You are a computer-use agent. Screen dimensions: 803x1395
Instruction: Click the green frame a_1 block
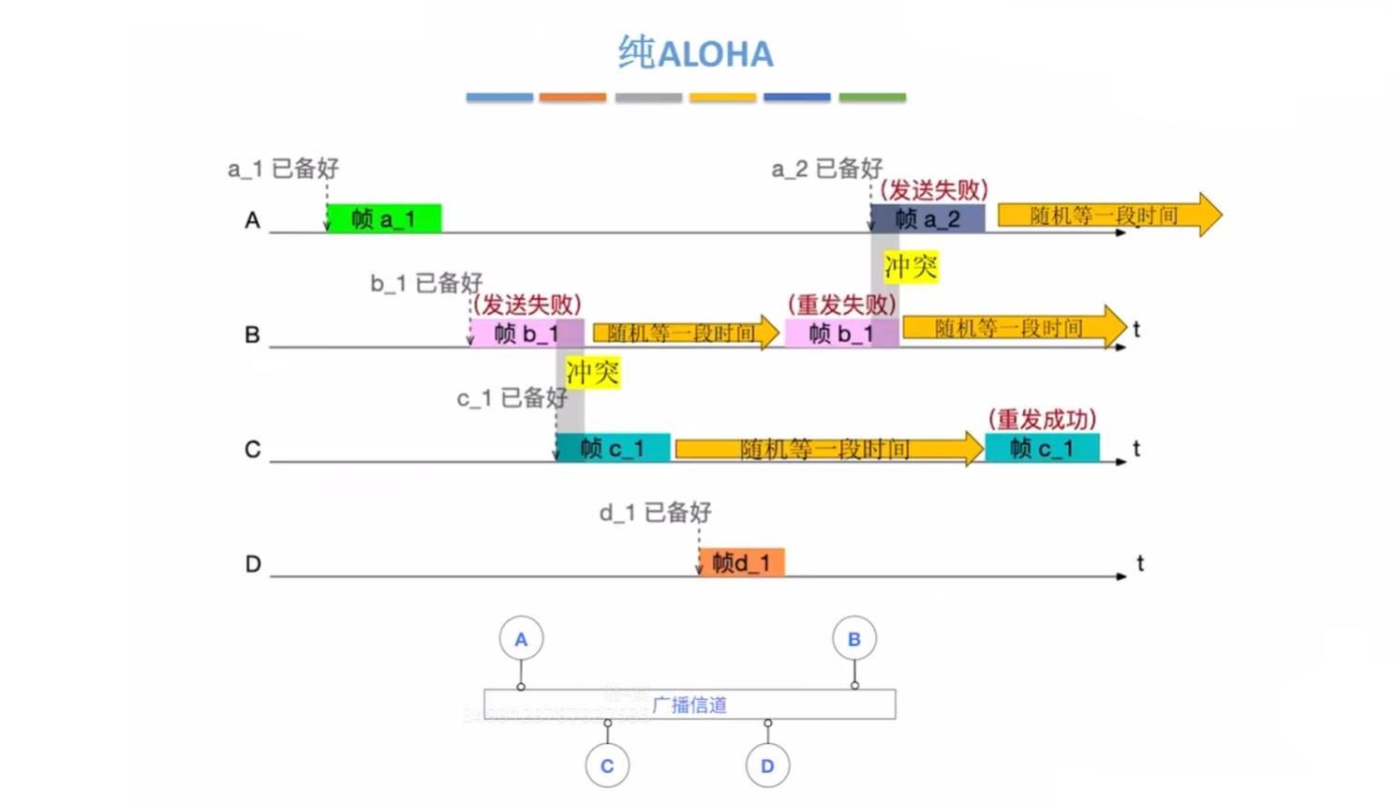pyautogui.click(x=384, y=218)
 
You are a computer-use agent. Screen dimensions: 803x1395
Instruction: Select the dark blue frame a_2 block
pyautogui.click(x=928, y=218)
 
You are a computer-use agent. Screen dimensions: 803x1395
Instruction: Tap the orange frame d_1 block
pyautogui.click(x=741, y=562)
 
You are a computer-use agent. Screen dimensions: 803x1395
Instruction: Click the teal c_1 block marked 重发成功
pyautogui.click(x=1042, y=448)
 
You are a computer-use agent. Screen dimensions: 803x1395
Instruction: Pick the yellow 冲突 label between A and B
pyautogui.click(x=911, y=267)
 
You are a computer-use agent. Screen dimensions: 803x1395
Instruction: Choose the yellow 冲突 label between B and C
pyautogui.click(x=592, y=373)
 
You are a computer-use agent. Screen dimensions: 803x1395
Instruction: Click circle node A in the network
pyautogui.click(x=521, y=639)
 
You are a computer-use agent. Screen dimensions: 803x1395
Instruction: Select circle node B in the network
pyautogui.click(x=853, y=639)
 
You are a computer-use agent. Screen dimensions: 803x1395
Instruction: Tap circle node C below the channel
pyautogui.click(x=607, y=766)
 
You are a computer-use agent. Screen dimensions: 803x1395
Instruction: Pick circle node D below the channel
pyautogui.click(x=767, y=766)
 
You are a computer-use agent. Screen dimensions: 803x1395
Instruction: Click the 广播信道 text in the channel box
pyautogui.click(x=690, y=705)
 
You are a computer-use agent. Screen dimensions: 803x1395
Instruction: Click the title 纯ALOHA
pyautogui.click(x=696, y=53)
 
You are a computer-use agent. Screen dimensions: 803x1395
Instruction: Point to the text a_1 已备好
pyautogui.click(x=283, y=169)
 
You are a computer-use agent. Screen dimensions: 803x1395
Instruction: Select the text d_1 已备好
pyautogui.click(x=655, y=513)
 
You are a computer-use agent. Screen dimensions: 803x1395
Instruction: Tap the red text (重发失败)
pyautogui.click(x=841, y=305)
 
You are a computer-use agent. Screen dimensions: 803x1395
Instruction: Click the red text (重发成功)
pyautogui.click(x=1042, y=419)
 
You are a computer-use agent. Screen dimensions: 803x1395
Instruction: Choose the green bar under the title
pyautogui.click(x=872, y=97)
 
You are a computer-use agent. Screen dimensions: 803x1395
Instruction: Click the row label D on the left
pyautogui.click(x=253, y=564)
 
